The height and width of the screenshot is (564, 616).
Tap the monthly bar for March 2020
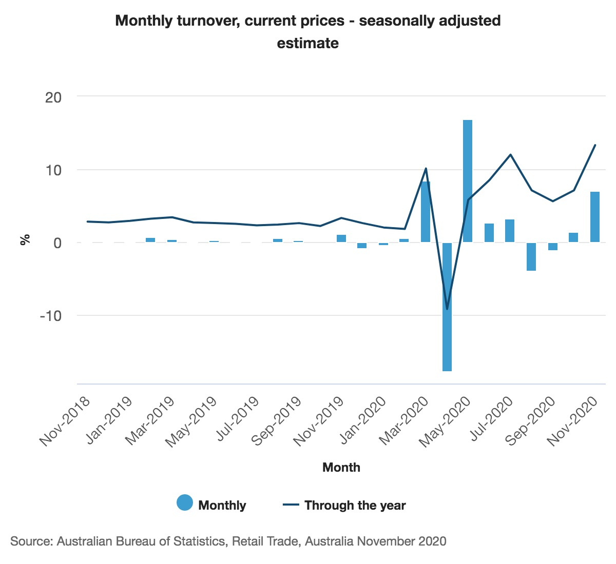point(426,212)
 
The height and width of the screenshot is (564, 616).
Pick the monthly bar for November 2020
point(594,217)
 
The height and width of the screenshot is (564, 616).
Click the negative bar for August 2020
point(531,256)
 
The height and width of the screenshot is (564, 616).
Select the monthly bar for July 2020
point(510,231)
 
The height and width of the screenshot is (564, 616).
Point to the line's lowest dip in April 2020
point(447,309)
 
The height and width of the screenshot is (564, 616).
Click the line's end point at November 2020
point(595,145)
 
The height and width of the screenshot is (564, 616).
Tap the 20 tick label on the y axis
point(53,97)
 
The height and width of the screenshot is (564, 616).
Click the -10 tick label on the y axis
point(50,315)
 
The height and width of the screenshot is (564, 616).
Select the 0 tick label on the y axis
point(57,243)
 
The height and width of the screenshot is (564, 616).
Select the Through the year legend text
point(355,506)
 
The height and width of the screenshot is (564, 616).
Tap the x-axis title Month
point(341,467)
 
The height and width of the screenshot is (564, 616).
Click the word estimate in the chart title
point(307,43)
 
